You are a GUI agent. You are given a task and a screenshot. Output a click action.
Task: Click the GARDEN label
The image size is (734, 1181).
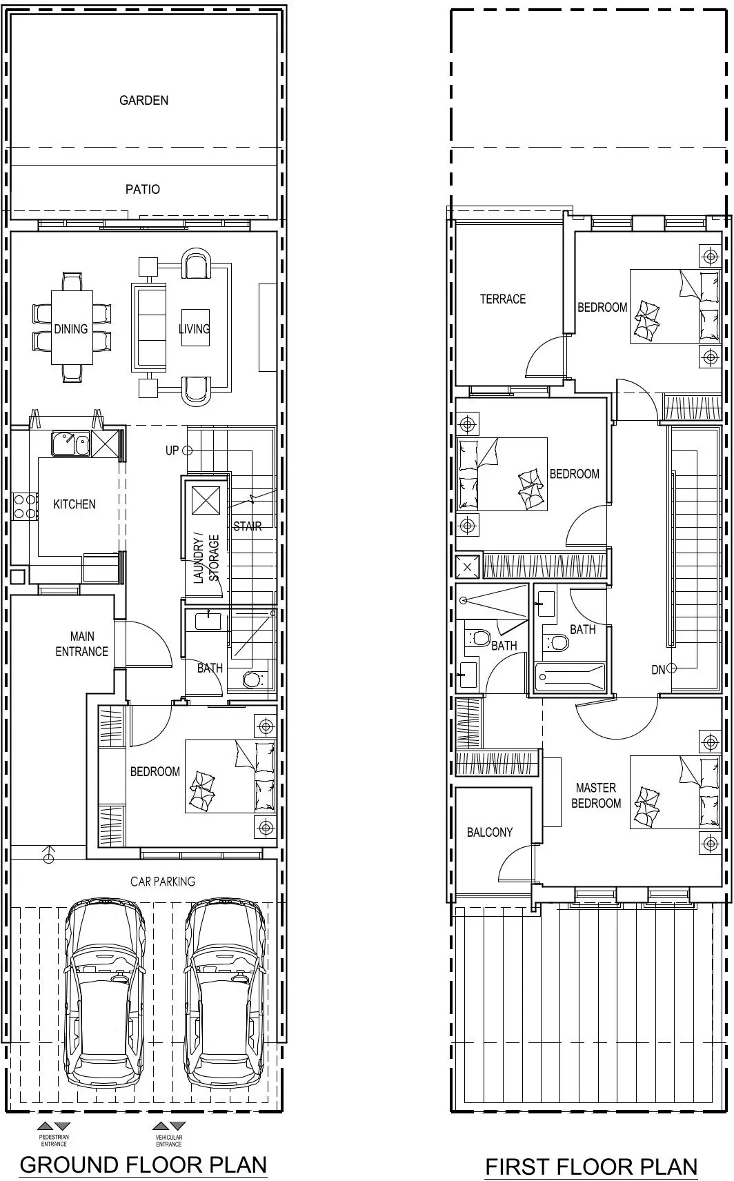click(x=143, y=100)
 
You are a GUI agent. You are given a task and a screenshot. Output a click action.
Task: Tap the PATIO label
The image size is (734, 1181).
click(x=142, y=189)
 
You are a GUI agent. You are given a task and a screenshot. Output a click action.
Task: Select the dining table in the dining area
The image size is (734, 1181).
click(x=72, y=328)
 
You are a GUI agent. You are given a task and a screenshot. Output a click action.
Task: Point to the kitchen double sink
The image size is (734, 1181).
click(x=70, y=444)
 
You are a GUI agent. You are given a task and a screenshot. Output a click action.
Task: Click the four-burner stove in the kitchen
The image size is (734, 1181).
click(x=25, y=506)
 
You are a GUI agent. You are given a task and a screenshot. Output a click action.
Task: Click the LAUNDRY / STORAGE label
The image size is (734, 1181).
click(x=206, y=559)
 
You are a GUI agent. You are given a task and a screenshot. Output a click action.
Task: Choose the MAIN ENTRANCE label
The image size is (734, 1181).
click(x=81, y=644)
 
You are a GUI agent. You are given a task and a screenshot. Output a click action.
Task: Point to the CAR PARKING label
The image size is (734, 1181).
click(x=163, y=881)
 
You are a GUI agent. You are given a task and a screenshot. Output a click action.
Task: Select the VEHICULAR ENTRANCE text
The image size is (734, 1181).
click(x=169, y=1140)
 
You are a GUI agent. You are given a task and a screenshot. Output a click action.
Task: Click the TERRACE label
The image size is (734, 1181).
click(x=502, y=299)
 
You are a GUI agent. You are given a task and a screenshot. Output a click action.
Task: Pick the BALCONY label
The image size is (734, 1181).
click(x=489, y=832)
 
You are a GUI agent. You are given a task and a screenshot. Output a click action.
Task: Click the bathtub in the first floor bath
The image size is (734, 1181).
click(x=570, y=677)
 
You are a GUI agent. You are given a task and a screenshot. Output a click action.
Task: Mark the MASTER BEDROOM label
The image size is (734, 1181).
click(x=596, y=795)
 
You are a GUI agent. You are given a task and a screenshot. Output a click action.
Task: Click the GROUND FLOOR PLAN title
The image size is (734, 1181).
click(x=143, y=1164)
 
